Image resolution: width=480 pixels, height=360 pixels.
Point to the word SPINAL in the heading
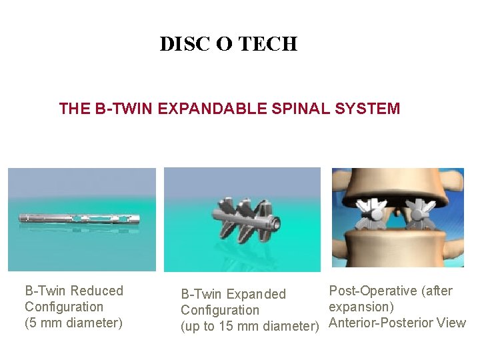[x=297, y=109]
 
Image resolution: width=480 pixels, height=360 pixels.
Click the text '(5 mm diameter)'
[x=73, y=323]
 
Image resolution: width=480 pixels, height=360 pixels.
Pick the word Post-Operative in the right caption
[x=371, y=291]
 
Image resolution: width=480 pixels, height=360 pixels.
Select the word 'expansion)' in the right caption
[x=361, y=307]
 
